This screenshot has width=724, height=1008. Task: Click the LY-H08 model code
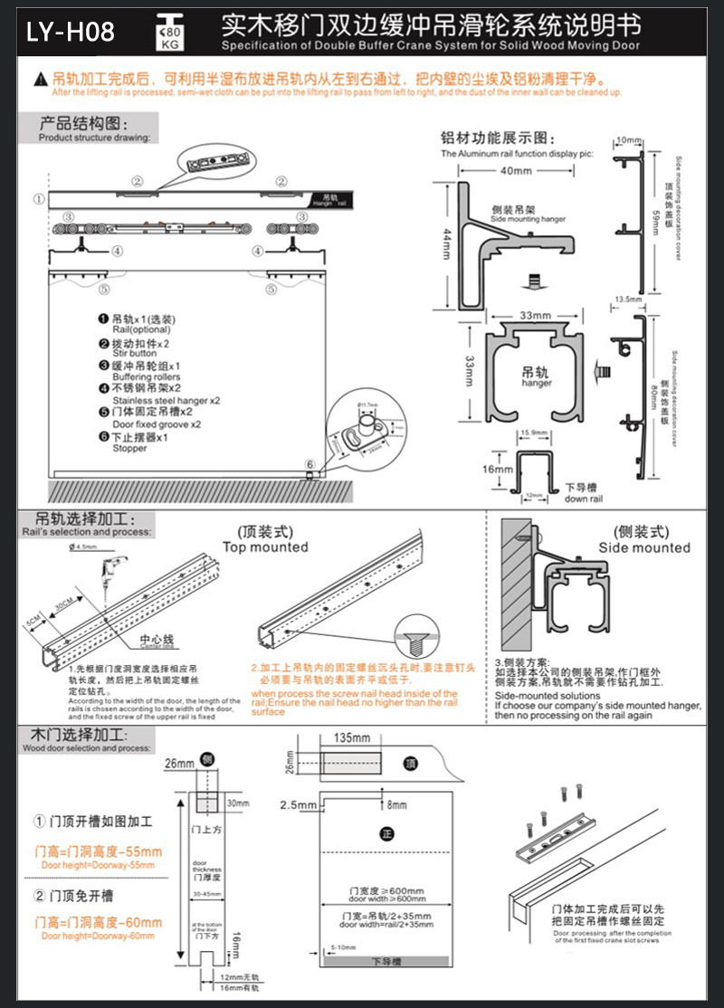pyautogui.click(x=71, y=33)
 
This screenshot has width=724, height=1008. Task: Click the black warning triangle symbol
pyautogui.click(x=40, y=81)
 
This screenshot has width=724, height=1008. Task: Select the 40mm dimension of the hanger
pyautogui.click(x=515, y=171)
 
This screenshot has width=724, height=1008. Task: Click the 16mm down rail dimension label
pyautogui.click(x=491, y=470)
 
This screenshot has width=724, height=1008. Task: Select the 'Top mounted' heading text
pyautogui.click(x=265, y=547)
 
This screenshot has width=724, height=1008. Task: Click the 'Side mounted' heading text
pyautogui.click(x=643, y=547)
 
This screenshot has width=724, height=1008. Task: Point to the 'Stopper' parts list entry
pyautogui.click(x=130, y=448)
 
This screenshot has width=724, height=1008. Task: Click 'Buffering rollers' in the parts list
pyautogui.click(x=146, y=376)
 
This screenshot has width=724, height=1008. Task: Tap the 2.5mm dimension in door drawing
pyautogui.click(x=295, y=804)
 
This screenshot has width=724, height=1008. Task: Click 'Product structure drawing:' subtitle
pyautogui.click(x=94, y=138)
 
